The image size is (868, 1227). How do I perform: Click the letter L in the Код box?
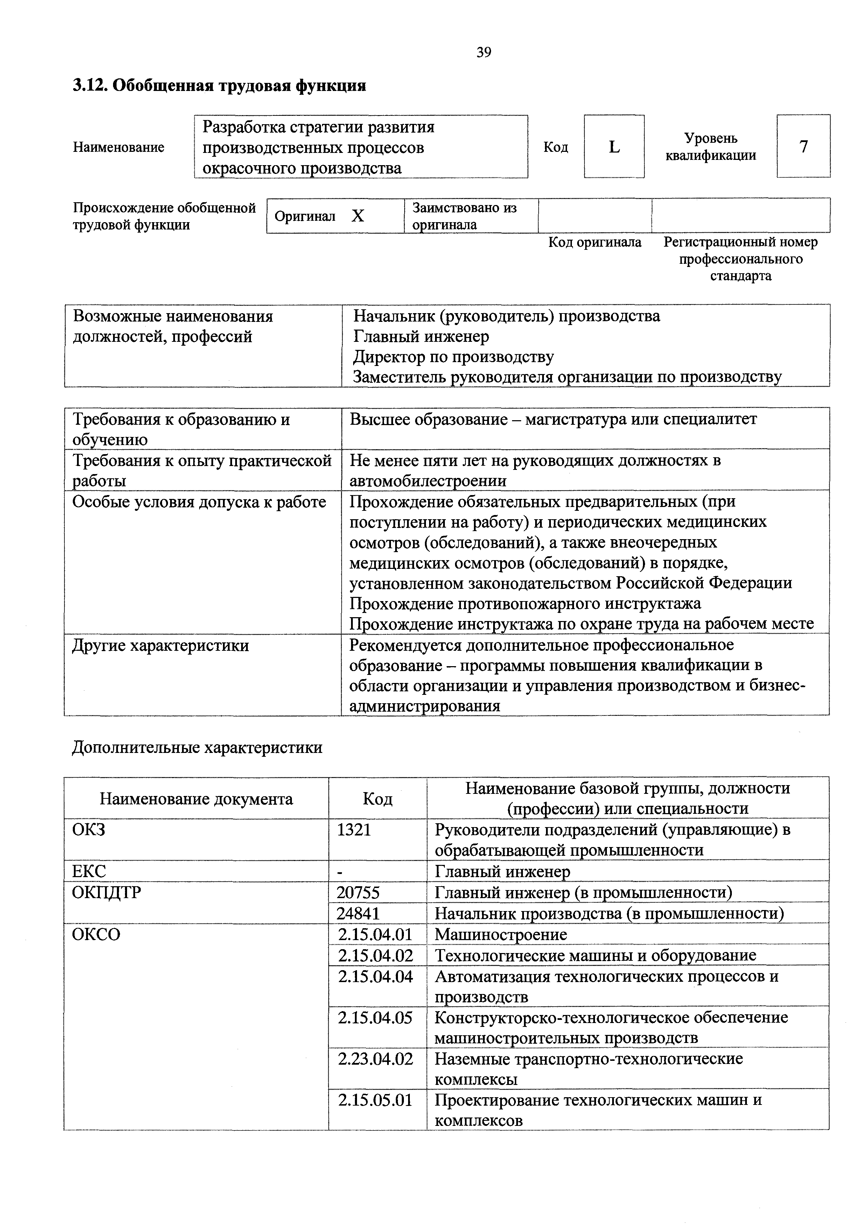coord(614,147)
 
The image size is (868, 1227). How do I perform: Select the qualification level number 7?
coord(803,147)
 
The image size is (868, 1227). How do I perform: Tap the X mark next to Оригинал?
coord(358,216)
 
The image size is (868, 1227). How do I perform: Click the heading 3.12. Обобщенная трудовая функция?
coord(219,85)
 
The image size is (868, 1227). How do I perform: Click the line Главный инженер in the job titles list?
coord(421,337)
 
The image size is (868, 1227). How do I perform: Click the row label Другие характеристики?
coord(160,646)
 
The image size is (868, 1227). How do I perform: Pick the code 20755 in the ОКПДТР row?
coord(358,893)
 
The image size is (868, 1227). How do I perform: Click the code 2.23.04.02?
coord(375,1059)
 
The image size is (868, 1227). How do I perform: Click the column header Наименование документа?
coord(196,799)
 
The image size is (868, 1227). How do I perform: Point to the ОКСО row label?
coord(96,934)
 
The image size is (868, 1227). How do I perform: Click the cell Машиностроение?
coord(501,935)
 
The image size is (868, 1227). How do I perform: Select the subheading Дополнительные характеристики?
coord(197,747)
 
